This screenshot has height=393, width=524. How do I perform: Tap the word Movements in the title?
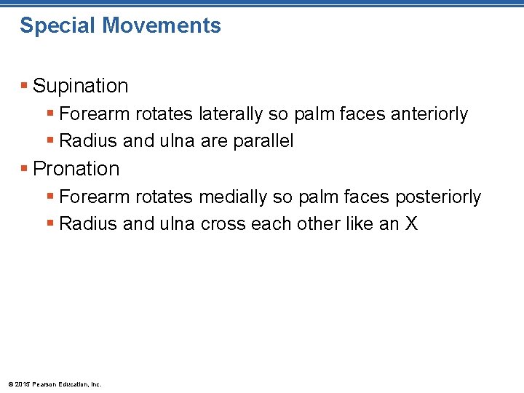(x=162, y=25)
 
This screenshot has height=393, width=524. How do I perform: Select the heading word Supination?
(x=81, y=86)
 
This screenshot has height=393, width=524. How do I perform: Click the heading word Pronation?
(x=76, y=169)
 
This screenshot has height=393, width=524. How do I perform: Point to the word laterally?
(x=226, y=114)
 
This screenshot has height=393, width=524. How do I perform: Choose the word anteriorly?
(x=429, y=114)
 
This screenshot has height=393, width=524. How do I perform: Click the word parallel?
(x=263, y=141)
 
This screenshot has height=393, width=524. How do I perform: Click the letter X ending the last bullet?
(x=412, y=224)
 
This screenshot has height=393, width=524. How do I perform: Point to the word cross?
(x=223, y=224)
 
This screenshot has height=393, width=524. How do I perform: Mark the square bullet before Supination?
(x=25, y=86)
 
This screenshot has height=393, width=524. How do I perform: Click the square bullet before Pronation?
(x=25, y=169)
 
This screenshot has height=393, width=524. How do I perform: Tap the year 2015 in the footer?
(x=22, y=384)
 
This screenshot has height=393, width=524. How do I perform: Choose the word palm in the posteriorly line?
(x=329, y=197)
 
